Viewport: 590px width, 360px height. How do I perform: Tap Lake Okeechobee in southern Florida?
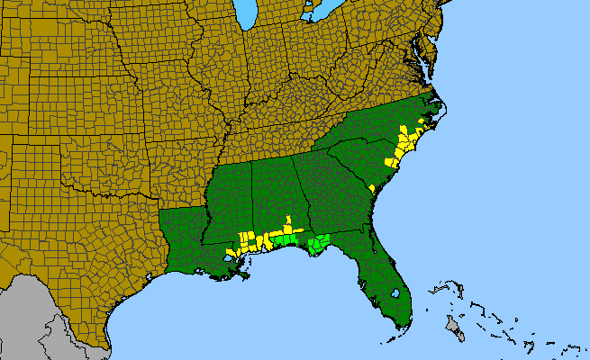click(x=395, y=293)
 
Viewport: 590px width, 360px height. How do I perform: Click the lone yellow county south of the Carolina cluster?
click(x=372, y=187)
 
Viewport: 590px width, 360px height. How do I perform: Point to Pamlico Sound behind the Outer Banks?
click(x=433, y=118)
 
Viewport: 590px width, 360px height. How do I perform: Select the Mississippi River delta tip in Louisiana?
click(x=245, y=277)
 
